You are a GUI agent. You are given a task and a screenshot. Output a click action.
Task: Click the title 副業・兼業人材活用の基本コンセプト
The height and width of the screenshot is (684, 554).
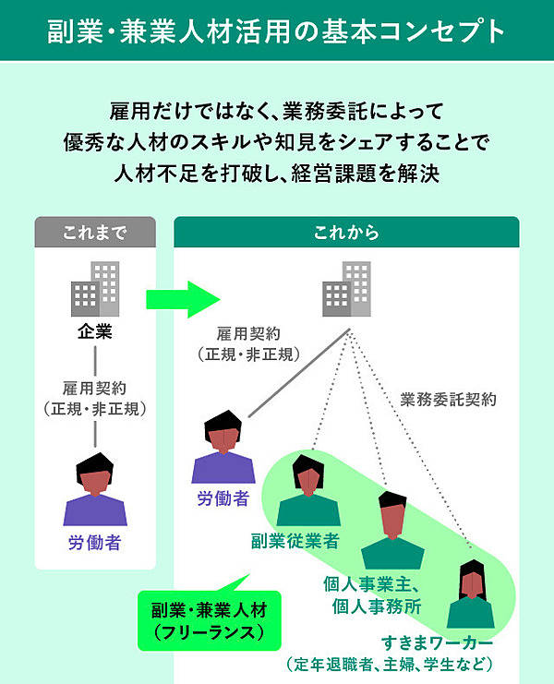276,30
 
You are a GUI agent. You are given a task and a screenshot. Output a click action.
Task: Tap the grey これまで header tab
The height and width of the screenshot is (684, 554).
94,233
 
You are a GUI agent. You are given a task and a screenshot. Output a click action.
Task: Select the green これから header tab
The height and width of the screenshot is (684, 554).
346,233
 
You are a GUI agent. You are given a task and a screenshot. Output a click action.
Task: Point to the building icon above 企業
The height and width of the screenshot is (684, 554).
95,289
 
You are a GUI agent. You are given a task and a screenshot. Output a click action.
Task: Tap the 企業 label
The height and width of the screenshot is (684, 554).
94,331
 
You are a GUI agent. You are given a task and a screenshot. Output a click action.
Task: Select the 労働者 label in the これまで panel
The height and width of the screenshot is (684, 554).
94,544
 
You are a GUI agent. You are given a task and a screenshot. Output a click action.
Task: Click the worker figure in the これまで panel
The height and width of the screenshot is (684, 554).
94,488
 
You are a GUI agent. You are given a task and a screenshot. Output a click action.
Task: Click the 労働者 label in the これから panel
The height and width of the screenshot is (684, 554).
223,499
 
